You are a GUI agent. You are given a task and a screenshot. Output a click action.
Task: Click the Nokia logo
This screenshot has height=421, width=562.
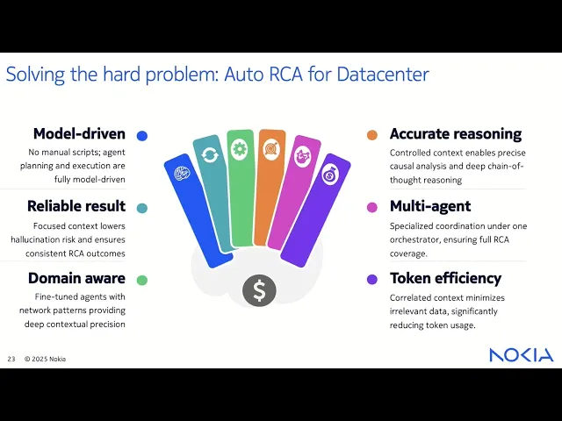tap(522, 355)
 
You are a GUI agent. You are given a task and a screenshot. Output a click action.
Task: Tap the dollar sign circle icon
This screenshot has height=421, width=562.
tap(260, 290)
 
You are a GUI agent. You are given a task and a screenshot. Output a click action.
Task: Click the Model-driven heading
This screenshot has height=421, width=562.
tap(79, 134)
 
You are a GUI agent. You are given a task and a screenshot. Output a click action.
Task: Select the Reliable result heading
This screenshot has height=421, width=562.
tap(76, 206)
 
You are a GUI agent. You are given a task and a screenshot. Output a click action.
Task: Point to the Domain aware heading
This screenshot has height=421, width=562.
tap(76, 278)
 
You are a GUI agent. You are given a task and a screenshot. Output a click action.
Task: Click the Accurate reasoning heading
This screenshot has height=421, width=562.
tap(456, 134)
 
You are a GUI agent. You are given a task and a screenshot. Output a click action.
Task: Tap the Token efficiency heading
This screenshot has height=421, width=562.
tap(445, 278)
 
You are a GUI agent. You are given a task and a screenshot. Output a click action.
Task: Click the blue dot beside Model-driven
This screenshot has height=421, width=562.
tap(142, 136)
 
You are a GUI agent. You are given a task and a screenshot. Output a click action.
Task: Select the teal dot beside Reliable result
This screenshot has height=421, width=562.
tap(142, 208)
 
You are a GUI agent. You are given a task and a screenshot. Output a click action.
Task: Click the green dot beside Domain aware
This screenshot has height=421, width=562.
tap(142, 280)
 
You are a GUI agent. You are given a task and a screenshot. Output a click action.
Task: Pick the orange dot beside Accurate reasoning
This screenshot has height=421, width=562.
tap(372, 135)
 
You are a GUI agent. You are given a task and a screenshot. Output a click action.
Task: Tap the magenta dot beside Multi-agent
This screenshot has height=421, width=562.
tap(372, 208)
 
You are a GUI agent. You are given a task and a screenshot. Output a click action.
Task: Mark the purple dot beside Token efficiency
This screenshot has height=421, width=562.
tap(372, 280)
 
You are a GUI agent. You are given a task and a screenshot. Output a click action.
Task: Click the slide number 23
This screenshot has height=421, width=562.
tap(11, 359)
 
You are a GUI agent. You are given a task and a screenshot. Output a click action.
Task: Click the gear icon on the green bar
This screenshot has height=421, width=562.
tap(240, 149)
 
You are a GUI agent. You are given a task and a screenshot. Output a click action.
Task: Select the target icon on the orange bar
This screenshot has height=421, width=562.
tap(270, 150)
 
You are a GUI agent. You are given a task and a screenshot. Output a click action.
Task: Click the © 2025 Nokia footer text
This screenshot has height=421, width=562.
tap(45, 359)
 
